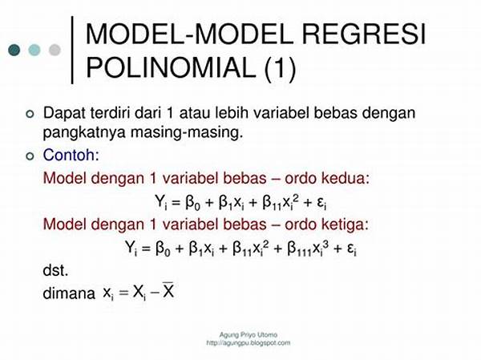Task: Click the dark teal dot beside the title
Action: (x=14, y=50)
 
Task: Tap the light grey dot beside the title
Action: (x=55, y=50)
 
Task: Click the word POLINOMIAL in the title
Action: (x=171, y=67)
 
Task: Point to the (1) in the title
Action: (x=280, y=68)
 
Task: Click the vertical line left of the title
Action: (x=72, y=50)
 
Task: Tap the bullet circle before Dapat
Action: (x=30, y=114)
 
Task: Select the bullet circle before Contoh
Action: (x=30, y=156)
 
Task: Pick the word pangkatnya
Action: (x=84, y=133)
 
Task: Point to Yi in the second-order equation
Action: (x=161, y=202)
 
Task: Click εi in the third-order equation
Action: (x=352, y=249)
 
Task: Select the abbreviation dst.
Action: (x=55, y=270)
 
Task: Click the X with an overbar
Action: (x=168, y=290)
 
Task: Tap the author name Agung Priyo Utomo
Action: (x=249, y=334)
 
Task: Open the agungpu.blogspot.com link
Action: (x=249, y=343)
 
